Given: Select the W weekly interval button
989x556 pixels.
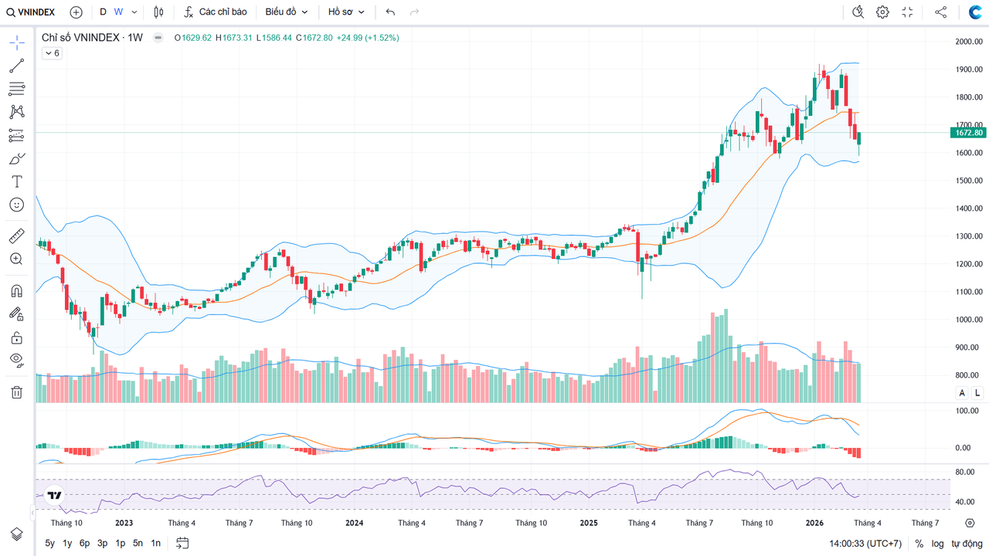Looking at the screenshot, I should tap(118, 12).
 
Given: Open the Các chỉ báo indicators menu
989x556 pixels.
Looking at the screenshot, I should tap(216, 12).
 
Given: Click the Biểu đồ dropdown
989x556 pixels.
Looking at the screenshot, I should tap(286, 12).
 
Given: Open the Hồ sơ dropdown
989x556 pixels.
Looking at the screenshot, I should tap(345, 12).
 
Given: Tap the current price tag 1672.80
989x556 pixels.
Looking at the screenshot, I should tap(968, 133).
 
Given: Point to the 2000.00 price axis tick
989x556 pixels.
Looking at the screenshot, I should tap(968, 42).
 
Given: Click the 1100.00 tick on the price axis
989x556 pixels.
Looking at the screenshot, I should tap(968, 292).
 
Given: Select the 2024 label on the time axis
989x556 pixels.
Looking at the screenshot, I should tap(354, 523).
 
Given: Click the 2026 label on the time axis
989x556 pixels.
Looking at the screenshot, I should tap(814, 523).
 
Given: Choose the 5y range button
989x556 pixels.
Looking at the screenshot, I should tap(49, 543).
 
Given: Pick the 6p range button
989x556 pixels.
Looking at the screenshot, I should tap(84, 543).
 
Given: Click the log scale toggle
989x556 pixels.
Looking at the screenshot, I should tap(937, 544).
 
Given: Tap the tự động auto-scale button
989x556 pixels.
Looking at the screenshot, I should tap(967, 544).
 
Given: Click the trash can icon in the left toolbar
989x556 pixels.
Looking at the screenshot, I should tap(16, 392).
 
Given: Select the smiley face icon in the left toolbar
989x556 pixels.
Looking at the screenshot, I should tap(16, 205).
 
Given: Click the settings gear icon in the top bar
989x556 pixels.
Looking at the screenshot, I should tap(882, 12).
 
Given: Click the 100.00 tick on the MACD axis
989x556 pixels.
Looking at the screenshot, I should tap(968, 411).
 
